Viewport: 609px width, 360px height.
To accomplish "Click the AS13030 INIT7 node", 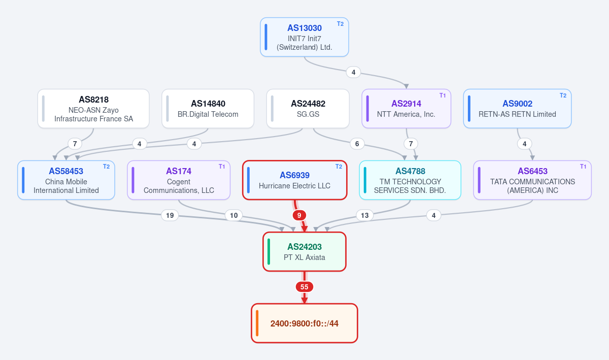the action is (304, 37).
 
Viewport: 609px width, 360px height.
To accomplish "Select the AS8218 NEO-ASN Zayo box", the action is (93, 109).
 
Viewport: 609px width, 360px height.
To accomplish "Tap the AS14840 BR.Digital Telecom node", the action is (208, 109).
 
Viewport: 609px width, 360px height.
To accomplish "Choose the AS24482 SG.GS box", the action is (308, 109).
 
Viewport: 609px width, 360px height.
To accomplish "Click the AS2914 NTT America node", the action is (406, 109).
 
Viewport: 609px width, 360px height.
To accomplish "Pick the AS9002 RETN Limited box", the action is (517, 109).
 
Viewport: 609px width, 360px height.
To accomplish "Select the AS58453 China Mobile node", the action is (66, 180).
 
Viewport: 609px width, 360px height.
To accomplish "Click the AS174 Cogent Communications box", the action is (179, 180).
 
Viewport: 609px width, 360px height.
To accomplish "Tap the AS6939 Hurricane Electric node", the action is (295, 180).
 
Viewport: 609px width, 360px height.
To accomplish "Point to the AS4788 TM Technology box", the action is (410, 180).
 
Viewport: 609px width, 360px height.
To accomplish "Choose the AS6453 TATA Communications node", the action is (532, 180).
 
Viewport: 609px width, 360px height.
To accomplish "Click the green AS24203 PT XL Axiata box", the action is (304, 252).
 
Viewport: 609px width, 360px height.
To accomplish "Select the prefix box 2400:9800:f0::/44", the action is (304, 323).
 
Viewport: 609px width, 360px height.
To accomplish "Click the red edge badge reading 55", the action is (304, 287).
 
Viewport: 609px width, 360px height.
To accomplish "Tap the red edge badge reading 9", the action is (299, 215).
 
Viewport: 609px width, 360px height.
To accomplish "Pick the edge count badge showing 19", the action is (170, 215).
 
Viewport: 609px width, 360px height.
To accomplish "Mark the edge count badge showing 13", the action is (364, 215).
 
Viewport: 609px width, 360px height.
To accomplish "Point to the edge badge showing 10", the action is (234, 215).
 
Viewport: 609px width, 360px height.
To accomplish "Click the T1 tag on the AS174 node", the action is (222, 166).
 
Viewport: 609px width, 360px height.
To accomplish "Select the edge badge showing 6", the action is (357, 144).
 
